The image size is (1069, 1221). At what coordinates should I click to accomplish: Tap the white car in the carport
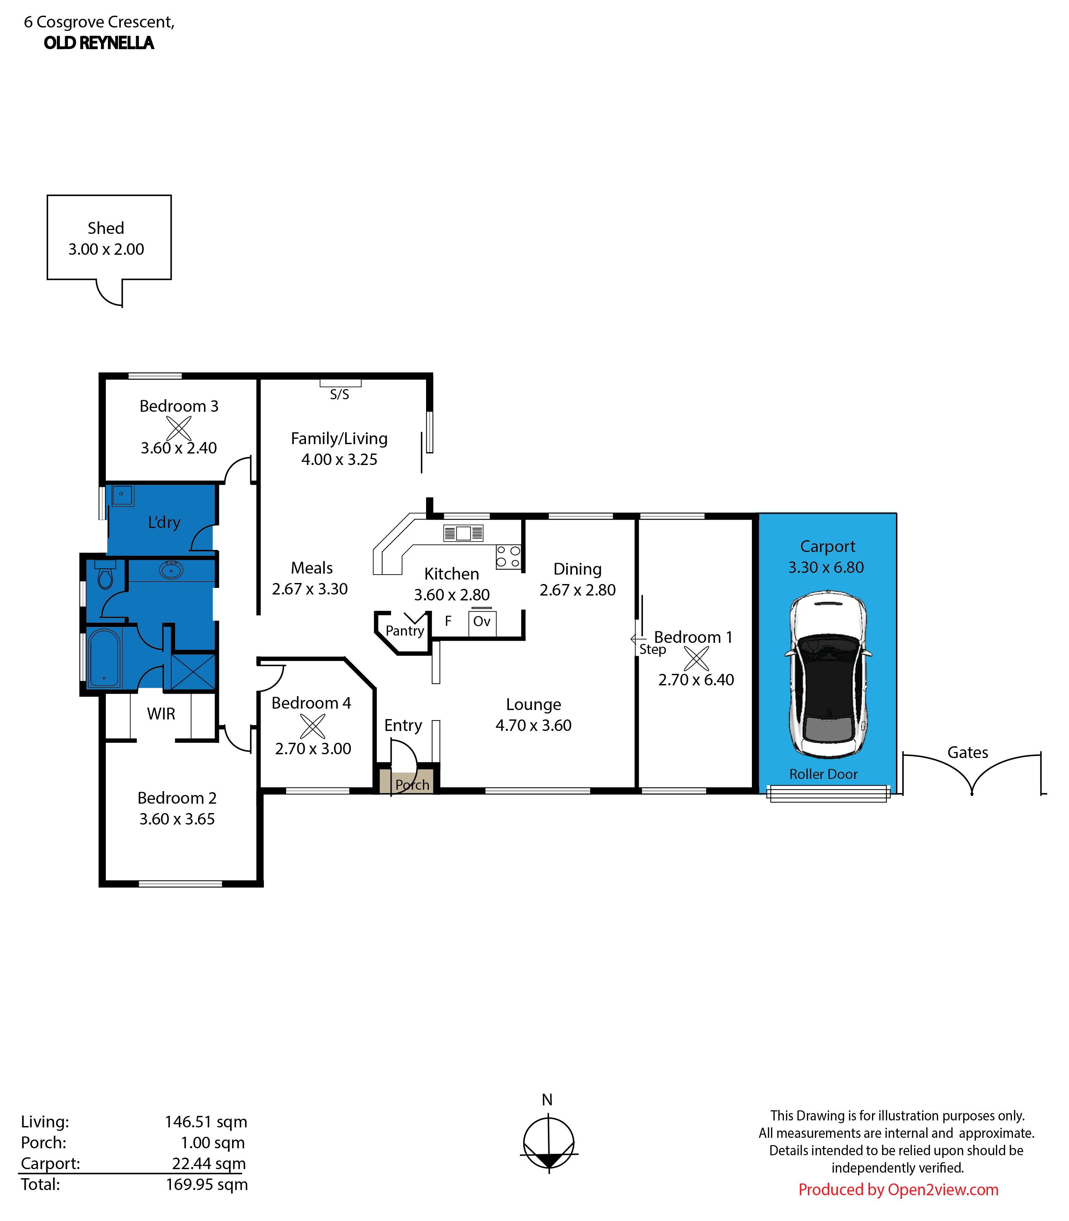click(828, 674)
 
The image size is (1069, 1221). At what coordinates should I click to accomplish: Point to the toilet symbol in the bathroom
click(105, 575)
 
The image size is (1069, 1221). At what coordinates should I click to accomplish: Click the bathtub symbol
click(104, 657)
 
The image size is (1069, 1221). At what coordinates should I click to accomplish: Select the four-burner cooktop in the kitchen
click(508, 557)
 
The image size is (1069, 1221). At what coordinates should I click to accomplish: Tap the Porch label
click(412, 785)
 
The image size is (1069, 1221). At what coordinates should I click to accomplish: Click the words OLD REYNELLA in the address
click(99, 43)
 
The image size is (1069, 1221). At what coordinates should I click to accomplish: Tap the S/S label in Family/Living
click(339, 394)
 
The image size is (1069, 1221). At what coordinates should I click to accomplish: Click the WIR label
click(161, 714)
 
